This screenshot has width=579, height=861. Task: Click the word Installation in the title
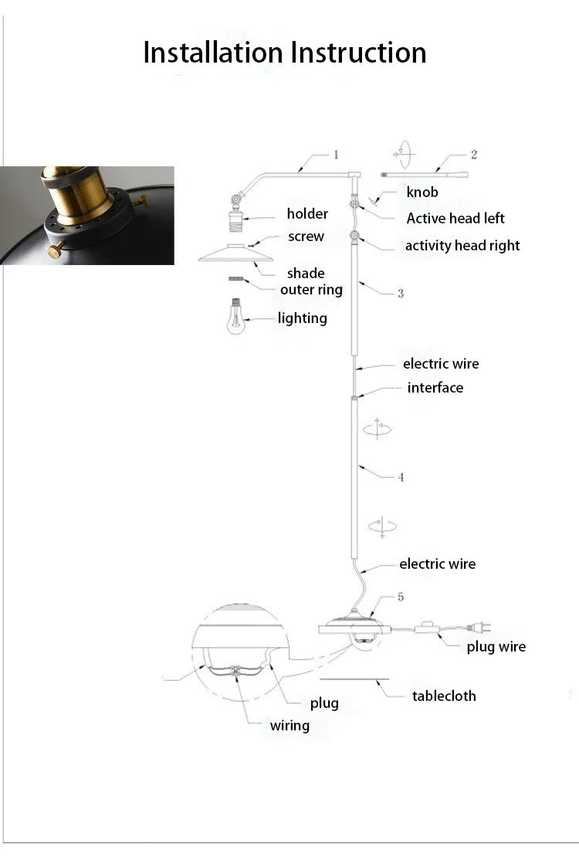coord(213,53)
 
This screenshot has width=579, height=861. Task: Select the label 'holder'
coord(307,213)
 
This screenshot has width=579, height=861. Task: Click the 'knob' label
coord(422,192)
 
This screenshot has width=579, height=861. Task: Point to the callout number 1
coord(336,155)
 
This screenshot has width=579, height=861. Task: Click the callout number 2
coord(474,155)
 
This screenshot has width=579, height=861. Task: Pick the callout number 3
coord(401,293)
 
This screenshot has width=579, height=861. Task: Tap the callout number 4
coord(401,477)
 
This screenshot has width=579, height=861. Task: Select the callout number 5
coord(401,597)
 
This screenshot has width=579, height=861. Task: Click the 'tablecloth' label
coord(444,696)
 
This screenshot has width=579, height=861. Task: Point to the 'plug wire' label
coord(496,647)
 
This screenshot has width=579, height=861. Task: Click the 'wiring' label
coord(289,726)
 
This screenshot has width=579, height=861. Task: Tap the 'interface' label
coord(435,388)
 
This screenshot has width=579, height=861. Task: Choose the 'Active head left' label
coord(455,218)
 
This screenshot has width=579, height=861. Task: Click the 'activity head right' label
coord(462,246)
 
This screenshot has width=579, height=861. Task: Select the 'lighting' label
coord(302,318)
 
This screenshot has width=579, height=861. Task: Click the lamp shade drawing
coord(235,254)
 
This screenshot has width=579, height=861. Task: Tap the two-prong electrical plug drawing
coord(478,627)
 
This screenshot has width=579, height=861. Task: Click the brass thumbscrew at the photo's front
coord(56,250)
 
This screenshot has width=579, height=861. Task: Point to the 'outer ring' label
coord(311,290)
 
